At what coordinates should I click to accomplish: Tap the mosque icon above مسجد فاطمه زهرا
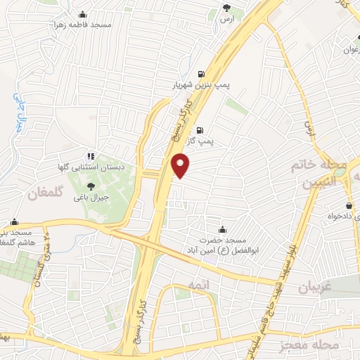83,13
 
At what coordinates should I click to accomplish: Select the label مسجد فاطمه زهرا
86,24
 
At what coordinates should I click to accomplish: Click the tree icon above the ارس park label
226,8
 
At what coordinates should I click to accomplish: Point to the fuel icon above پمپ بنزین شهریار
202,73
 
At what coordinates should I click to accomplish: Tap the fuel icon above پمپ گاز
201,129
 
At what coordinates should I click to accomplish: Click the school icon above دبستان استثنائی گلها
91,156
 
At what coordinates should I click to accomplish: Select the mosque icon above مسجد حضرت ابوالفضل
223,229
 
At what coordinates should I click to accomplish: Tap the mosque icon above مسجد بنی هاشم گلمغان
13,221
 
